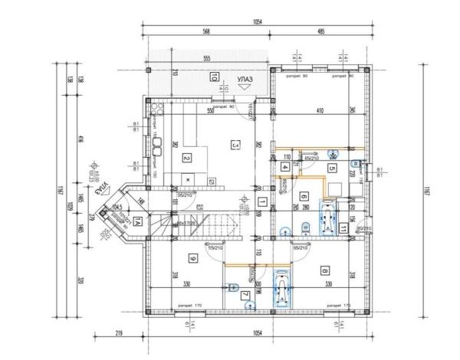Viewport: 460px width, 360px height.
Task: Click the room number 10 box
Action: (x=216, y=75)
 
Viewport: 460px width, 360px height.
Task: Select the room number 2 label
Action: (x=186, y=159)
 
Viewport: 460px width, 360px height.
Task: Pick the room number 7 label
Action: (x=245, y=295)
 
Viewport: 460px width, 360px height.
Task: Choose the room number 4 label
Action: (x=284, y=166)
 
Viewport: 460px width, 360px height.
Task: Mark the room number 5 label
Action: (x=331, y=168)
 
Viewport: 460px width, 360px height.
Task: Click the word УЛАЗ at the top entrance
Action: (x=246, y=78)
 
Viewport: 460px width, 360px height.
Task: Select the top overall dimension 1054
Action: (x=256, y=22)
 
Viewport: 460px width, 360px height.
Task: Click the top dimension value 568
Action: (x=206, y=31)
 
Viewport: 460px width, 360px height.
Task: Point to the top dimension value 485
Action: (x=320, y=31)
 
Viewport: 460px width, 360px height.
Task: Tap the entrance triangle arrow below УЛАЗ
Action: (x=246, y=88)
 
